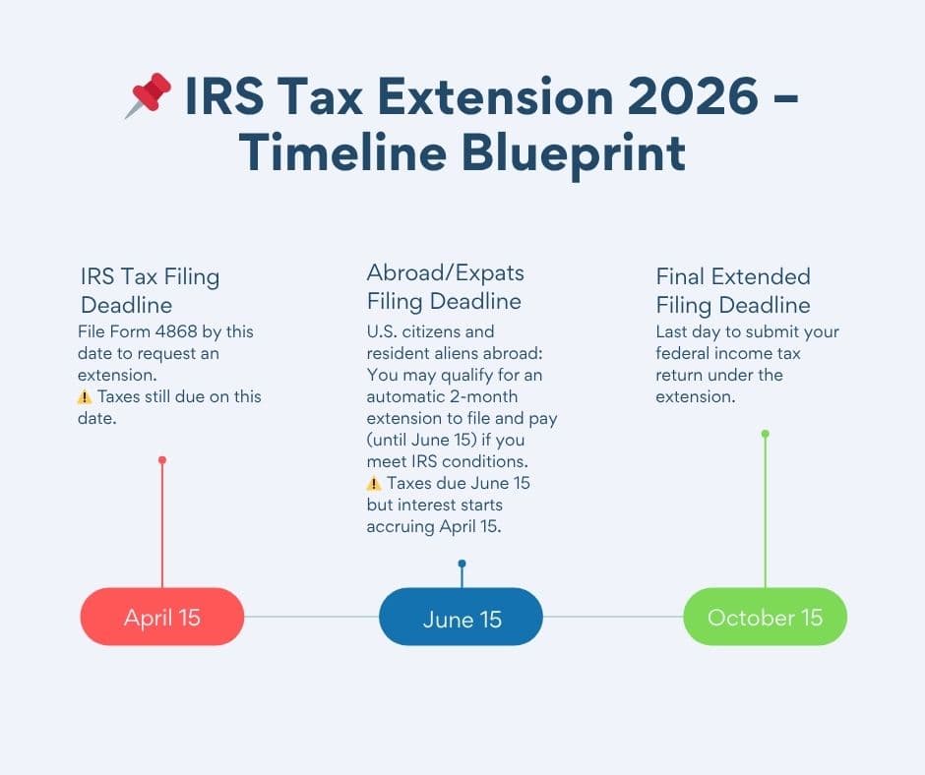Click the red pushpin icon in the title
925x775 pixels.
[149, 96]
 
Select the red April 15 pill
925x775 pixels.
[162, 618]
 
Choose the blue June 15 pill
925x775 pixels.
[462, 619]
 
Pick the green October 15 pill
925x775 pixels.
[765, 618]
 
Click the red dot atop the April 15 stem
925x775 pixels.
[162, 460]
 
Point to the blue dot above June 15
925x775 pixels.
[462, 565]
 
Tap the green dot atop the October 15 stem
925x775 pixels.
[765, 434]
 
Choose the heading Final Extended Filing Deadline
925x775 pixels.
[733, 290]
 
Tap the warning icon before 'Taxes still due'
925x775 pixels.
[85, 397]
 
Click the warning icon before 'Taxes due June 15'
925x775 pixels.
[374, 483]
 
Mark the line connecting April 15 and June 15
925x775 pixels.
[311, 618]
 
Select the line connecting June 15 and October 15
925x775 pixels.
[613, 618]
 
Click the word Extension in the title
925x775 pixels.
[462, 99]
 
